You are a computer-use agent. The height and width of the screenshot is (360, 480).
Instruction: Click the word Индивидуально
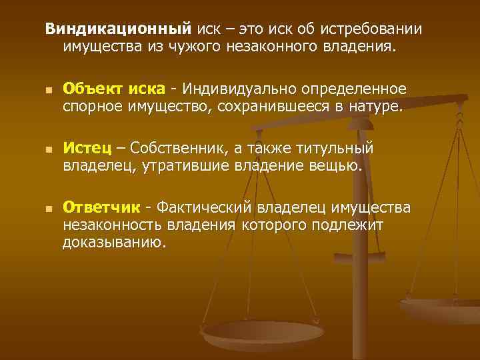(x=241, y=89)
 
